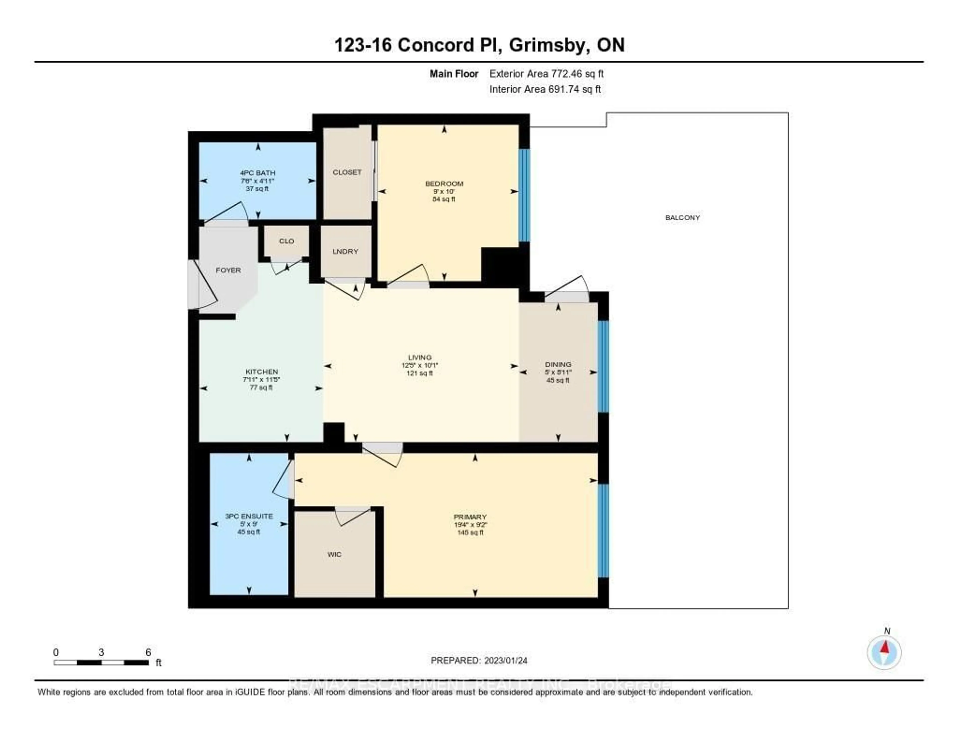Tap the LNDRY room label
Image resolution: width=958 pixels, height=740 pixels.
click(x=345, y=251)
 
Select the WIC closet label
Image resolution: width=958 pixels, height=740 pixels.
click(x=334, y=554)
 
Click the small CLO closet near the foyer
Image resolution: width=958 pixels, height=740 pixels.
click(x=286, y=241)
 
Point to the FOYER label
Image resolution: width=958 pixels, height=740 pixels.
click(x=228, y=270)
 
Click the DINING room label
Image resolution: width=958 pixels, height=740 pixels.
click(x=558, y=364)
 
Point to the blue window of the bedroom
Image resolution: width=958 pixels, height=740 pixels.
click(x=524, y=195)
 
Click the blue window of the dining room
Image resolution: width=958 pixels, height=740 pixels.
click(x=603, y=366)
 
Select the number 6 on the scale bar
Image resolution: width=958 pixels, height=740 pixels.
click(x=148, y=652)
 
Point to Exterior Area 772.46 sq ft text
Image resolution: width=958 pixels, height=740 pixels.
click(x=546, y=74)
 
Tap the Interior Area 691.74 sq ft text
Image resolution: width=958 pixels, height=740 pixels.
click(x=545, y=90)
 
